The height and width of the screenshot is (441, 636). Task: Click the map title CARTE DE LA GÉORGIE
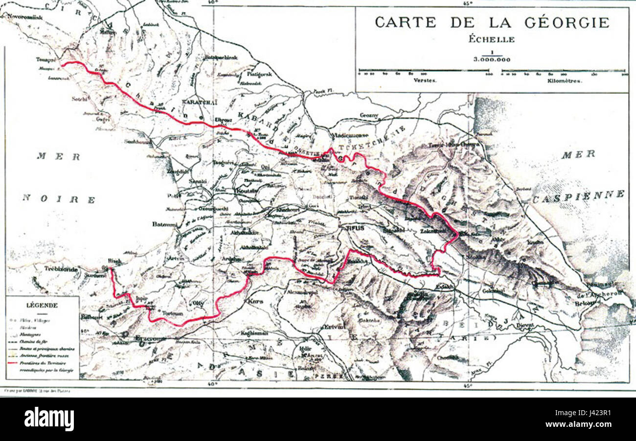tap(492, 23)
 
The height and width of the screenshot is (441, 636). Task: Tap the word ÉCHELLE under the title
tap(492, 40)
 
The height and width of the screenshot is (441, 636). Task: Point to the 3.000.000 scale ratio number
tap(492, 59)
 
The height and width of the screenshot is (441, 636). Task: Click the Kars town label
tap(255, 301)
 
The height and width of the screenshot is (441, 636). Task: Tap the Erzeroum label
tap(151, 338)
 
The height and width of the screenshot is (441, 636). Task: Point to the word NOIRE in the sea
tap(59, 199)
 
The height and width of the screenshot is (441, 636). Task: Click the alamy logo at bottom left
tap(49, 419)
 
